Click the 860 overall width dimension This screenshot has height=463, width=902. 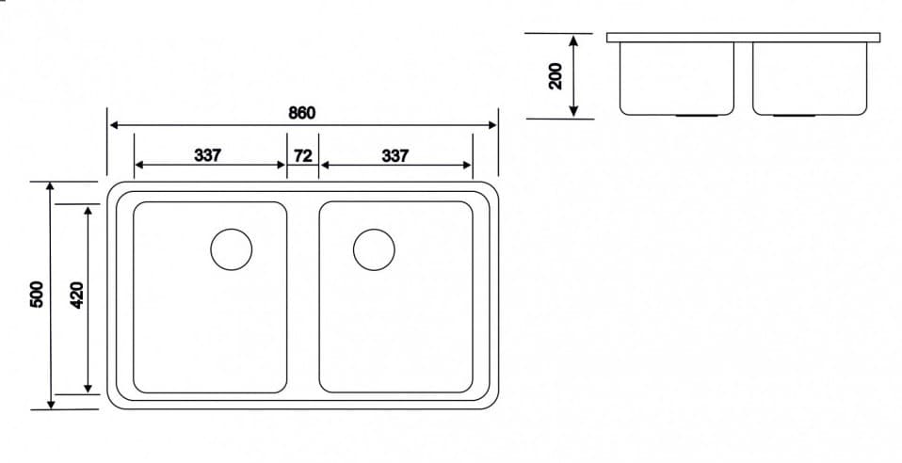[301, 112]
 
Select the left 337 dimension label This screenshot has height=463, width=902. [208, 155]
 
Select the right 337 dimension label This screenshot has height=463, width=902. [395, 155]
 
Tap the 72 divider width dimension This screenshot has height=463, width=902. [302, 155]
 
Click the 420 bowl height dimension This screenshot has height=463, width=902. [77, 295]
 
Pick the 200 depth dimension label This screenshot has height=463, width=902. [556, 76]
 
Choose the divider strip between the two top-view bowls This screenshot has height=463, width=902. [302, 296]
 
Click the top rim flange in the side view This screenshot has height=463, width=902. [743, 38]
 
